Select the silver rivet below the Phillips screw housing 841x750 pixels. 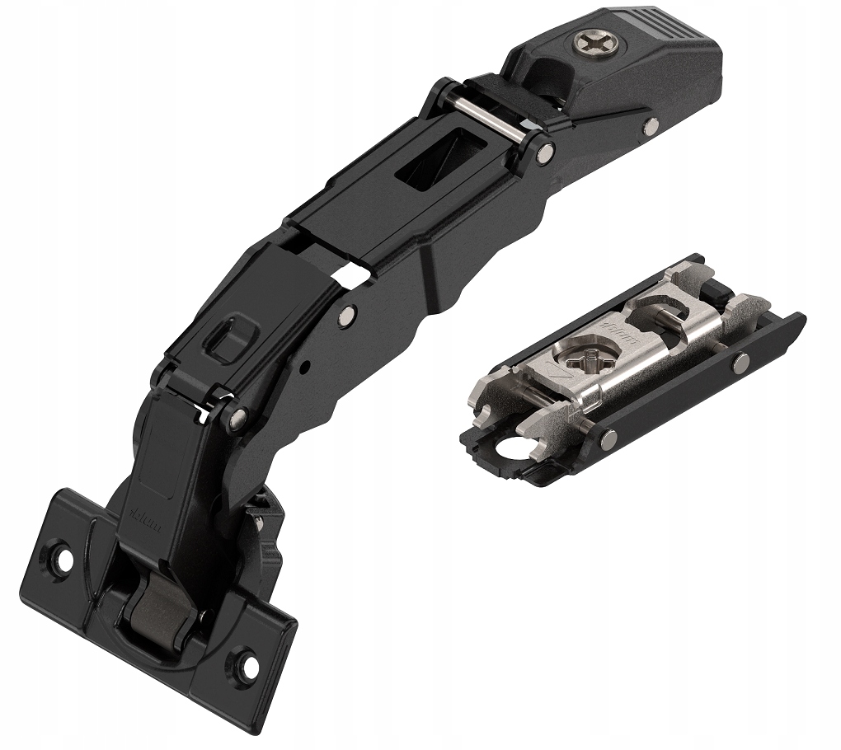(x=651, y=126)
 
